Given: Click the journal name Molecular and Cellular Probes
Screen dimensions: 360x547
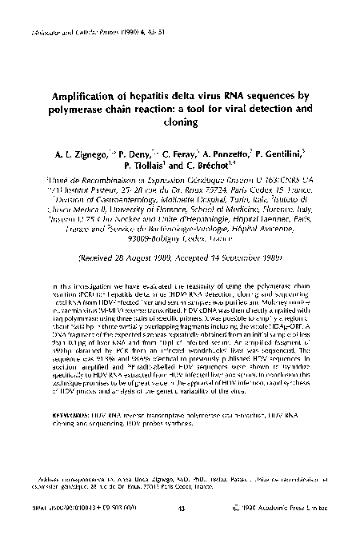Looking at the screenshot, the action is (x=63, y=34).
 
